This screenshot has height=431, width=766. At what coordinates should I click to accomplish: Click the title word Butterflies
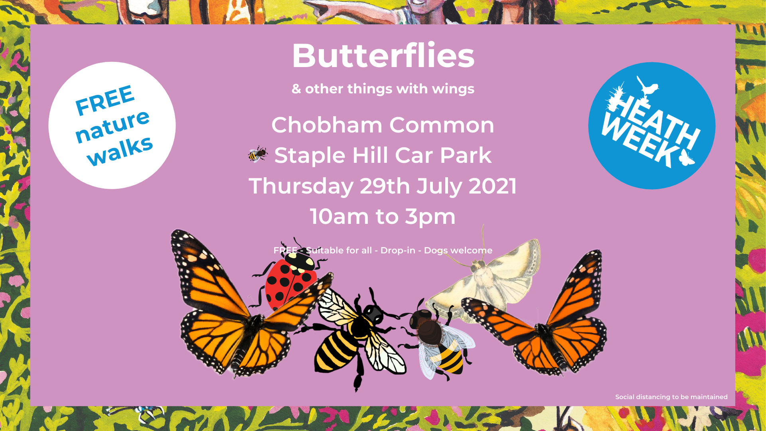tap(383, 55)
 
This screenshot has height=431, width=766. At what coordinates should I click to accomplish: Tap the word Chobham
tap(327, 125)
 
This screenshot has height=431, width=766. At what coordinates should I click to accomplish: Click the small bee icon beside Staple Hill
tap(258, 154)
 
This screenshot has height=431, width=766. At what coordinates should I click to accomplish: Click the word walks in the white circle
tap(120, 150)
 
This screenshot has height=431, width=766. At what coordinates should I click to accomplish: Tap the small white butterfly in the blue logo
tap(686, 157)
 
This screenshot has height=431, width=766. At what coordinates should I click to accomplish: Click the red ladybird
tap(289, 280)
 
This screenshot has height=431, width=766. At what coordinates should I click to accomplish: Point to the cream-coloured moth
tap(487, 279)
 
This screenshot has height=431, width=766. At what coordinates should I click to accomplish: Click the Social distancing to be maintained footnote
tap(671, 397)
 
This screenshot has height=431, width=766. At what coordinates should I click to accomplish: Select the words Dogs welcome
tap(458, 250)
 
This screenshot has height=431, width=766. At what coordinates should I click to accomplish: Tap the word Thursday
tap(301, 186)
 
